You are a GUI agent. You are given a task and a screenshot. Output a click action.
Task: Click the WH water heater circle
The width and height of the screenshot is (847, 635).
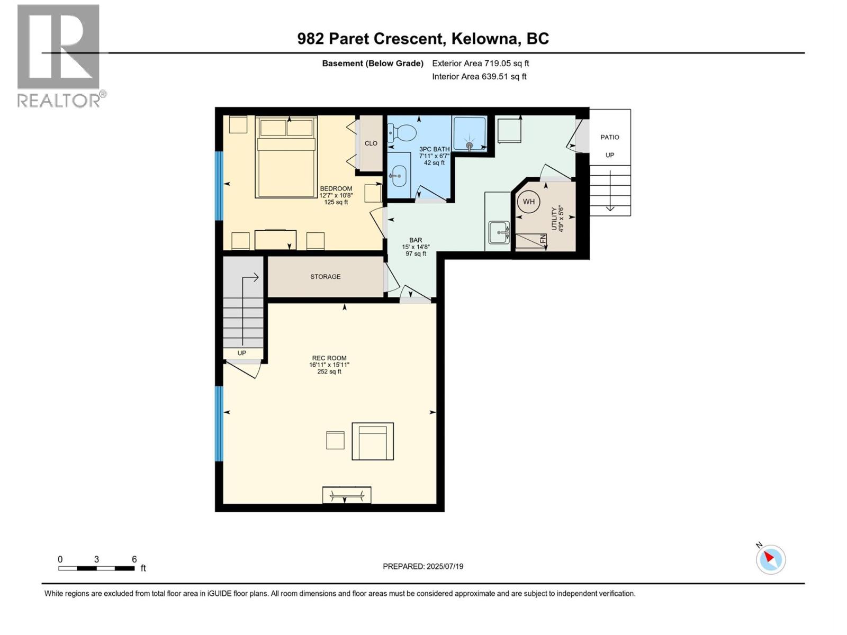[x=528, y=202]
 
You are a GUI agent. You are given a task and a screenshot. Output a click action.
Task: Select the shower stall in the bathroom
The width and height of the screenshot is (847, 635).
[x=469, y=134]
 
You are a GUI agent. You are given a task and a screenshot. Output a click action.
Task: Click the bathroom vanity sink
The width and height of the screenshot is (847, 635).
[x=398, y=173]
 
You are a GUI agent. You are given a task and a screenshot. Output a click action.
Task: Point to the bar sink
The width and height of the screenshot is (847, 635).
[x=499, y=232]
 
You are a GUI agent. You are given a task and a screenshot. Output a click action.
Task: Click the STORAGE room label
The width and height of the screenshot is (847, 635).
[x=325, y=277]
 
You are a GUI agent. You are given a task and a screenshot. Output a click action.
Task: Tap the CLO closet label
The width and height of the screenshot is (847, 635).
[x=371, y=143]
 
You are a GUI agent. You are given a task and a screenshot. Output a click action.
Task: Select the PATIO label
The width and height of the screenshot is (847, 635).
[x=609, y=137]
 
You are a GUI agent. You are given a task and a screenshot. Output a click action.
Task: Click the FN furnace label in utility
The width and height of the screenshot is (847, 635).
[x=543, y=239]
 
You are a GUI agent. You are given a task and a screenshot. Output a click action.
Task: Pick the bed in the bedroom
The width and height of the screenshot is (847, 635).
[x=286, y=158]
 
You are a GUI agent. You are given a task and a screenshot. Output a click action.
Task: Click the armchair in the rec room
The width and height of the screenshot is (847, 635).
[x=373, y=441]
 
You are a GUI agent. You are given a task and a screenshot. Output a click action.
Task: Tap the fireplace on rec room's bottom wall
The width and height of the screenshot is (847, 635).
[x=347, y=495]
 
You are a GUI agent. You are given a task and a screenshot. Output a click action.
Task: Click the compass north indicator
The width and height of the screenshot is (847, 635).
[x=770, y=559]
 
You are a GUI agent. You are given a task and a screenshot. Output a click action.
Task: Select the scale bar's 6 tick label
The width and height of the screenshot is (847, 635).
[x=134, y=559]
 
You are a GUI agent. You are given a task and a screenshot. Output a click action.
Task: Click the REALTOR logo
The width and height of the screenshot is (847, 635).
[x=59, y=56]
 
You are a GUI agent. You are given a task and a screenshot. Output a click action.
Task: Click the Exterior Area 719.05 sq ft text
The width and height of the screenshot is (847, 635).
[x=480, y=63]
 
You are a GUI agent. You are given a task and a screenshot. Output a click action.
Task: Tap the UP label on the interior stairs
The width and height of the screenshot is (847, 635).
[x=241, y=353]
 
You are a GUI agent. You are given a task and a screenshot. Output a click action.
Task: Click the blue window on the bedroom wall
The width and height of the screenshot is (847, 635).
[x=219, y=185]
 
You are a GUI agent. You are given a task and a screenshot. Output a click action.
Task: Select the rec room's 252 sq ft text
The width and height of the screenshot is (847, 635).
[x=329, y=371]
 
